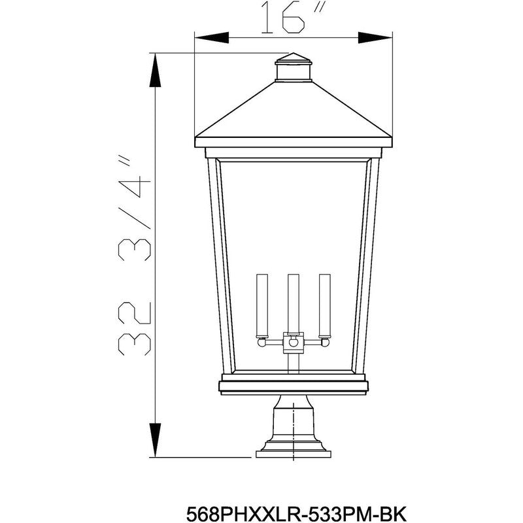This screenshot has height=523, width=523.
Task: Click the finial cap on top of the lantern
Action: click(293, 67)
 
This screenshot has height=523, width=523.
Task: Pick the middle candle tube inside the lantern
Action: click(293, 304)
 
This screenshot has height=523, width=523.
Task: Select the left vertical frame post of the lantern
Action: click(216, 261)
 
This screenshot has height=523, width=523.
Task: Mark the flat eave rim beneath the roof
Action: click(293, 142)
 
